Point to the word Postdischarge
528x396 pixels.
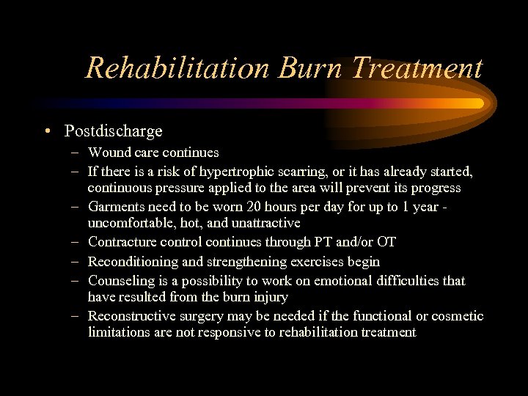tap(114, 132)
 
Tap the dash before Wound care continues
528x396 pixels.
tap(76, 153)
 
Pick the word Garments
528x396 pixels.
tap(116, 207)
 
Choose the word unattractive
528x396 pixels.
tap(263, 222)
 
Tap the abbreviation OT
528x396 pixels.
tap(386, 242)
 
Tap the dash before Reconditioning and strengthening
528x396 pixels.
tap(76, 261)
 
